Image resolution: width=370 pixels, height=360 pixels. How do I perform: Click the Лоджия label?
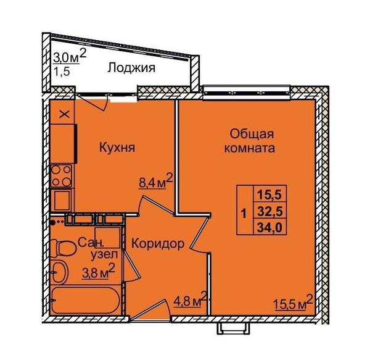tap(131, 69)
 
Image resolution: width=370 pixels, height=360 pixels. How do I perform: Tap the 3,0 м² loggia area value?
tap(70, 57)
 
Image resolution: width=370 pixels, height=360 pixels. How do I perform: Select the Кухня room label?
tap(117, 148)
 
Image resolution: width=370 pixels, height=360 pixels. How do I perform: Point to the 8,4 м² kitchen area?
tap(156, 181)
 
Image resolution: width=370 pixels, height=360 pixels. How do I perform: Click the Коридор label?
tap(158, 243)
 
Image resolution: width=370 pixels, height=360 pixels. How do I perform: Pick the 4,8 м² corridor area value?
tap(190, 299)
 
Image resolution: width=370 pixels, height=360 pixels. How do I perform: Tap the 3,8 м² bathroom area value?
tap(99, 272)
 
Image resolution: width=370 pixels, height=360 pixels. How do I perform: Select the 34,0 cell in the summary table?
tap(269, 228)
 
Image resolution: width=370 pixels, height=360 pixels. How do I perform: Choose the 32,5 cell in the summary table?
tap(269, 211)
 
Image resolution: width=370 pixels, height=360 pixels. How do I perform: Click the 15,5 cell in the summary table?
tap(269, 195)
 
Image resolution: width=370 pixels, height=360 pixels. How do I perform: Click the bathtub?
tap(86, 300)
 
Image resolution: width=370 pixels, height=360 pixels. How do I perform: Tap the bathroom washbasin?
tap(60, 272)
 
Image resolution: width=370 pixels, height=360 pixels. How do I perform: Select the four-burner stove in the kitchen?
tap(61, 176)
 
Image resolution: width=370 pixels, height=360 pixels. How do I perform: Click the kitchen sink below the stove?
tap(62, 200)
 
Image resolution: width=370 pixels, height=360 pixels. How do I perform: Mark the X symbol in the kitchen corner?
tap(64, 115)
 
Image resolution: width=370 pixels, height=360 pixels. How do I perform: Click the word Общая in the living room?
tap(252, 135)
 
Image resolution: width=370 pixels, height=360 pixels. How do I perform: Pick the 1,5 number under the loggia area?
tap(62, 71)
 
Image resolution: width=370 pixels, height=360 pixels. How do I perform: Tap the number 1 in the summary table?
tap(244, 214)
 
